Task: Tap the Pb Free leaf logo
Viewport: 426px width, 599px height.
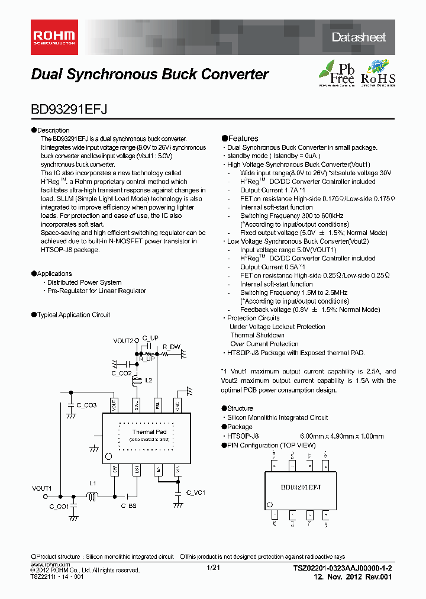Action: [337, 73]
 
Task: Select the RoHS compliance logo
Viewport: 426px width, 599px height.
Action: [377, 73]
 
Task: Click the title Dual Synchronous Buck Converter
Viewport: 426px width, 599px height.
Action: [149, 75]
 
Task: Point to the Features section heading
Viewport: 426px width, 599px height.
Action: [243, 139]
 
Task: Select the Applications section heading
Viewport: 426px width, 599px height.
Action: [54, 273]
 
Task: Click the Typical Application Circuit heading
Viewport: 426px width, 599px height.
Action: [73, 315]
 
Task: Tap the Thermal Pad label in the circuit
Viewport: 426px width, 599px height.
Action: [149, 432]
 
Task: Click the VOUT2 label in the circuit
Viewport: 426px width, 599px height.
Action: [124, 341]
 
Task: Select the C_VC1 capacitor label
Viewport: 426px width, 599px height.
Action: [196, 492]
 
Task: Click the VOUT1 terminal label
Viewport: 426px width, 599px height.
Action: [42, 488]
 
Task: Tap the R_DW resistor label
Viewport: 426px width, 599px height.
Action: [172, 346]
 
